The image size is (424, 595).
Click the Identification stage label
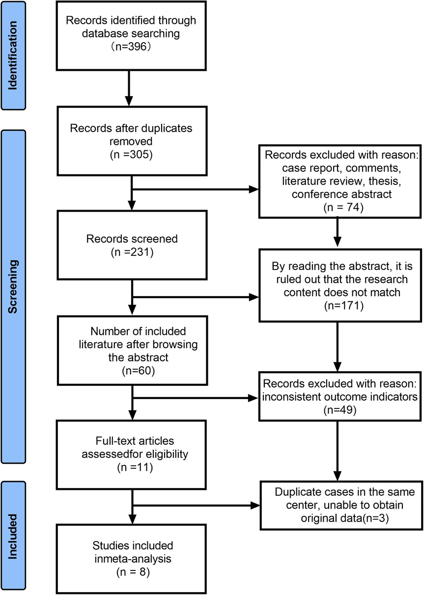point(13,55)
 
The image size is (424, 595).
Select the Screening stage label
point(13,287)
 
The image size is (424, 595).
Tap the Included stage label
point(13,537)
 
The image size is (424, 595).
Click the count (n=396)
point(131,47)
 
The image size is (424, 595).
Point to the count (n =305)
point(131,155)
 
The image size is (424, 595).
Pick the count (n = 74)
point(343,208)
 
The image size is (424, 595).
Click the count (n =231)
point(132,252)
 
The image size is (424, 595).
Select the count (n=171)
point(344,306)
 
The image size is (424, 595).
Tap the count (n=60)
point(138,371)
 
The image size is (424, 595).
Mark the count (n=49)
point(339,410)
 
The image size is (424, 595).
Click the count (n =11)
point(135,467)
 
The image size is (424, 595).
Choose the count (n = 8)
point(133,572)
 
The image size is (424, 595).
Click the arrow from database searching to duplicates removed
point(129,88)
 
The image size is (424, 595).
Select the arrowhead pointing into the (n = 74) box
point(254,189)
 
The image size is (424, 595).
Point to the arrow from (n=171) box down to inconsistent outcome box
point(338,347)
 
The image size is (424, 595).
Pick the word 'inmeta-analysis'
point(133,559)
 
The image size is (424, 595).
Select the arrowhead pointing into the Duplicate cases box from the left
point(255,505)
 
